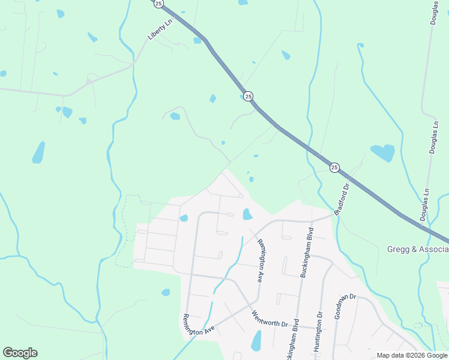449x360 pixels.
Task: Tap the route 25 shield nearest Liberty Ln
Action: pos(158,4)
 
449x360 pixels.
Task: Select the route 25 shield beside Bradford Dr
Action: pos(334,167)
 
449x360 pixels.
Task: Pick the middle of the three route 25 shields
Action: pos(249,96)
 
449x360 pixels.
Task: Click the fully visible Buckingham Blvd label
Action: pos(307,251)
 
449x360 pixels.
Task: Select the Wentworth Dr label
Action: pos(270,319)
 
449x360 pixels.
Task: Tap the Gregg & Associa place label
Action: pos(417,249)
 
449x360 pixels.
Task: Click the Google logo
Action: pos(20,353)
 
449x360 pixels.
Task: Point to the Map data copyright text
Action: pos(411,355)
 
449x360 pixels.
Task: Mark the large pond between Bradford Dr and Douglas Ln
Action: pos(382,152)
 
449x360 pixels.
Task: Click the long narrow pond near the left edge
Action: pos(38,152)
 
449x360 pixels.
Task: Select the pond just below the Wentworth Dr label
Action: pos(256,341)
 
